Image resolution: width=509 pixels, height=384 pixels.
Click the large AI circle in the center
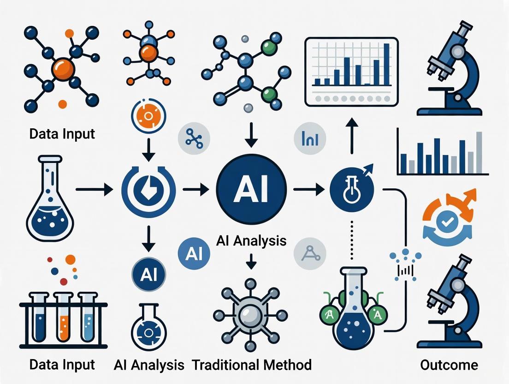pos(251,190)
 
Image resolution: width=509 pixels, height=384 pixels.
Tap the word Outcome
pos(449,365)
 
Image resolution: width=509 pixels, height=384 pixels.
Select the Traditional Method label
pos(252,365)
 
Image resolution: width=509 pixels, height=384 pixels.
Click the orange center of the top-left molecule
pos(63,69)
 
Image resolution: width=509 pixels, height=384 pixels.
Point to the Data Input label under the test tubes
pos(62,365)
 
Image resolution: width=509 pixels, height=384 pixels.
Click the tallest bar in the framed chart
pos(386,65)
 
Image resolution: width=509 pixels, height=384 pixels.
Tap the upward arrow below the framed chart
pos(351,133)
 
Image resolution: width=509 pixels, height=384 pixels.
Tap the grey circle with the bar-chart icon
pos(310,138)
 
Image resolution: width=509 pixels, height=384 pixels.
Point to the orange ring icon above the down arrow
pos(148,115)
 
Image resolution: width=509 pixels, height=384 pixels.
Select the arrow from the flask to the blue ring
pos(95,189)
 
